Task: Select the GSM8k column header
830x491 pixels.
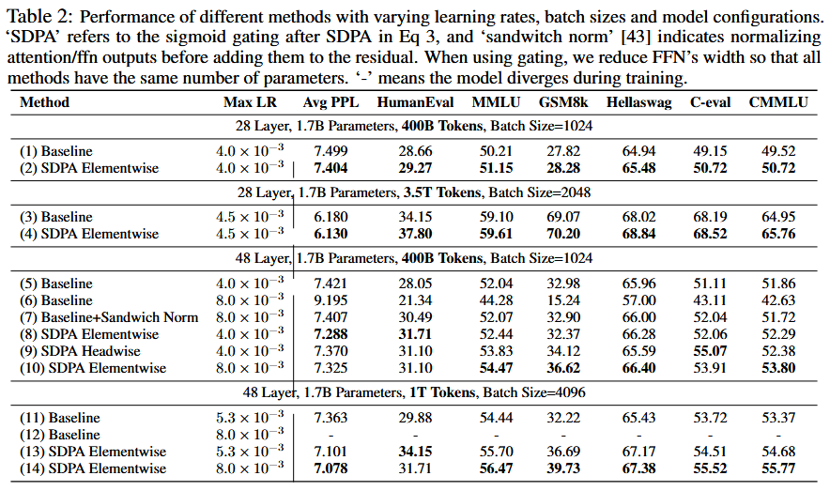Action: (560, 102)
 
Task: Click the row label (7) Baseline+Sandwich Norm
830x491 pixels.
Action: (109, 317)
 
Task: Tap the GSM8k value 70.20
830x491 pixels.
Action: (560, 234)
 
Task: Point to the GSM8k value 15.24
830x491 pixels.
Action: (560, 300)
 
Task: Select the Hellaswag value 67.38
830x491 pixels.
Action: (638, 468)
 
